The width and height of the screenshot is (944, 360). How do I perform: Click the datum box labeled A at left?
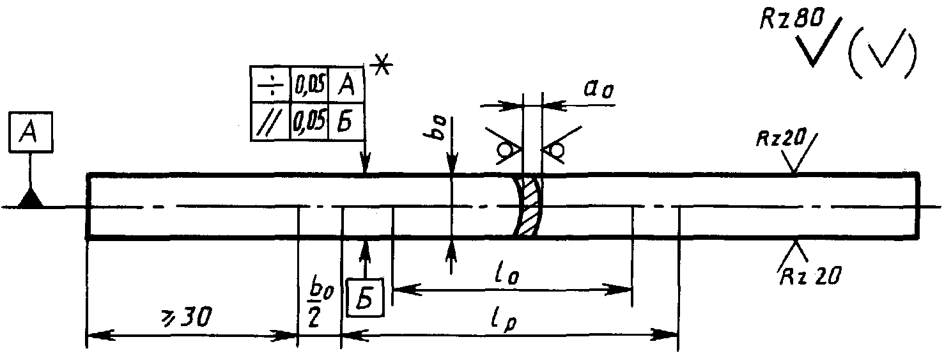click(x=30, y=132)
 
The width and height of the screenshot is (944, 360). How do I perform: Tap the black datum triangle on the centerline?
click(x=30, y=199)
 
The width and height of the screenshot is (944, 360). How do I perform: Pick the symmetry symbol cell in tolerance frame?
click(x=270, y=84)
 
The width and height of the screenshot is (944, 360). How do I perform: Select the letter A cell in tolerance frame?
click(x=346, y=84)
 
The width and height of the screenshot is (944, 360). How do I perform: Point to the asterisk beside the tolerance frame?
click(x=382, y=67)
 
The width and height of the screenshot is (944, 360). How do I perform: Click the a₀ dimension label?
click(x=598, y=88)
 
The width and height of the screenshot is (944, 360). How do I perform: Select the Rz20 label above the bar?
click(x=781, y=138)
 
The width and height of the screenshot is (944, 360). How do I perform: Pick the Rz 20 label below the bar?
click(x=810, y=276)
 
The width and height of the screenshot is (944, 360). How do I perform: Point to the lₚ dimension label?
click(x=505, y=321)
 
